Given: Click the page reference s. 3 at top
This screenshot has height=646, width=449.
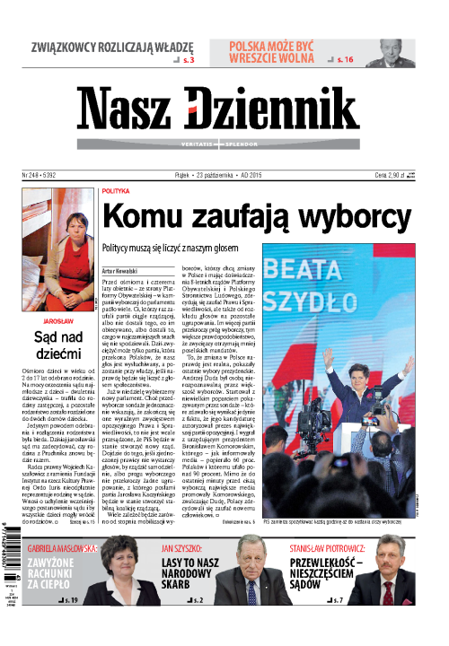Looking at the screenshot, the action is coord(188,58).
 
